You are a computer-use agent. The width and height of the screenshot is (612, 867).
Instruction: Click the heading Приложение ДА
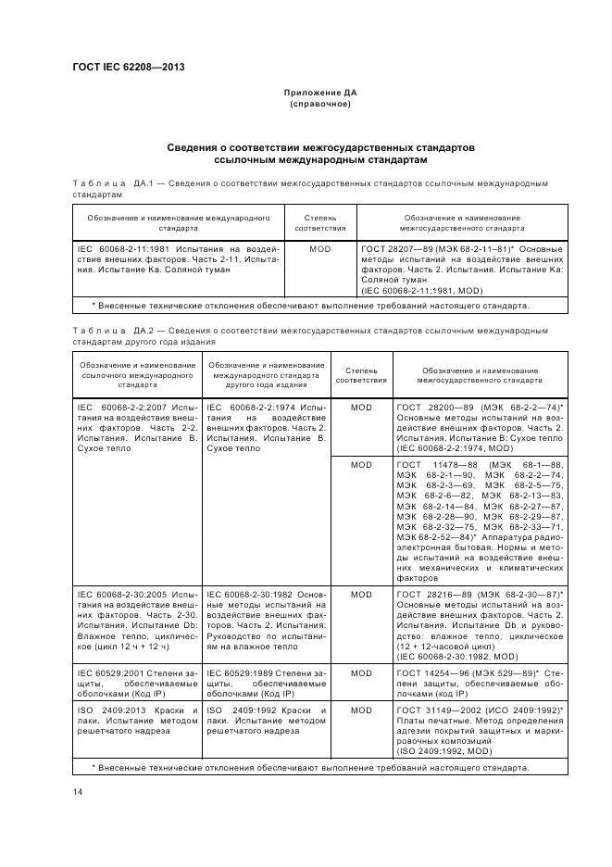tap(319, 94)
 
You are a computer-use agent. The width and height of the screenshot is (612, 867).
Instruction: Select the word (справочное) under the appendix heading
tap(319, 105)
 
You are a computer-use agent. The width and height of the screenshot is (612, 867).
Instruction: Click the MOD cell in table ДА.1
tap(319, 249)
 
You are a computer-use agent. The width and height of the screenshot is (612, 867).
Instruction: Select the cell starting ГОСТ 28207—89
tap(459, 269)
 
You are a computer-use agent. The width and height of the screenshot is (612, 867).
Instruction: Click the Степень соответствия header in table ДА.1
tap(319, 222)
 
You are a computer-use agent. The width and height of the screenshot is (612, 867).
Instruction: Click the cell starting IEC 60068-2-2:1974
tap(266, 427)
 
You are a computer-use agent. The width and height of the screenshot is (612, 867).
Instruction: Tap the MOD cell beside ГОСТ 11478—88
tap(361, 465)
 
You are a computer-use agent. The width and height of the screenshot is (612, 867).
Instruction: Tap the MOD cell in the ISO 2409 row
tap(361, 710)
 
